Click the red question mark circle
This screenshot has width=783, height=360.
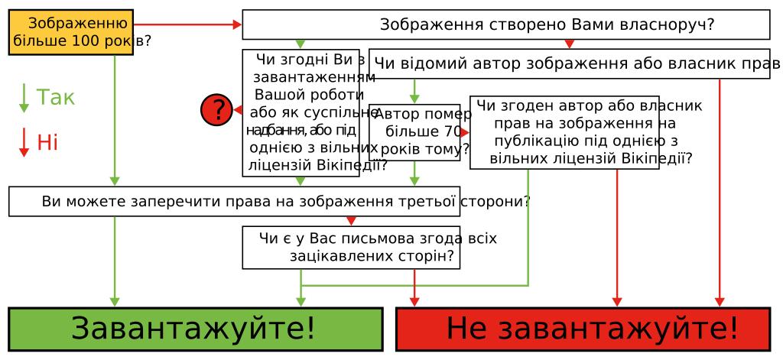(216, 111)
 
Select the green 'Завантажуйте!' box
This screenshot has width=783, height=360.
(195, 329)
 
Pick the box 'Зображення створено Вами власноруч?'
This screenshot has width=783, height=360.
(505, 24)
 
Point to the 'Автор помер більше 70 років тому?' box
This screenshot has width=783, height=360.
(415, 131)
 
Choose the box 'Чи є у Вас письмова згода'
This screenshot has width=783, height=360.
(351, 247)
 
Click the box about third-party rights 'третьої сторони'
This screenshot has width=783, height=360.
(234, 202)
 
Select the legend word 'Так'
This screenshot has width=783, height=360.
(57, 98)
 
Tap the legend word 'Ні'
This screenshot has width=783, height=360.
(47, 142)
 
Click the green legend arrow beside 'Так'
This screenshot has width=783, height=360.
(24, 98)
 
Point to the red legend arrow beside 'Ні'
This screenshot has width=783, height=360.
(24, 142)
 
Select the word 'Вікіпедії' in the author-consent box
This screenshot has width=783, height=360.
(662, 159)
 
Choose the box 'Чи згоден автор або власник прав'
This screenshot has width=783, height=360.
(564, 131)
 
